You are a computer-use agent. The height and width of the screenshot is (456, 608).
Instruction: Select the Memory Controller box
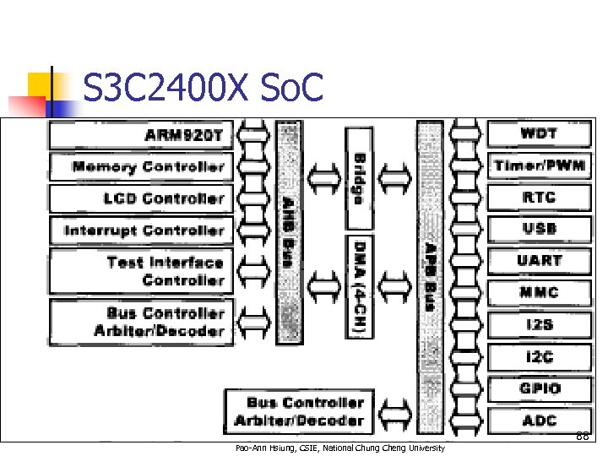(140, 166)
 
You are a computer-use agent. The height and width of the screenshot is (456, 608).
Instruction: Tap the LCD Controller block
(140, 198)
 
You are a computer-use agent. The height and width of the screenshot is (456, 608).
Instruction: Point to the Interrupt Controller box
(140, 230)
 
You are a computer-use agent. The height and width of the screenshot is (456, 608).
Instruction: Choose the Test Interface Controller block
(140, 271)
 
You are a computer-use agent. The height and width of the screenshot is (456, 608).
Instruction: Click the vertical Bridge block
(359, 178)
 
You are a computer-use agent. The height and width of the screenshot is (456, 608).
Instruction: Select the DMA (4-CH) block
(359, 286)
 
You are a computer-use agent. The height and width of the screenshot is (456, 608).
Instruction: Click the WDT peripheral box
(538, 133)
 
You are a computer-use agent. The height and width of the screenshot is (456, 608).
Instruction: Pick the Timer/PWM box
(538, 166)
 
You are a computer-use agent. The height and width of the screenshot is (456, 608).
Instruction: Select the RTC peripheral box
(538, 198)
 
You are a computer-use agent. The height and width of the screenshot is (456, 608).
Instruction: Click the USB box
(538, 229)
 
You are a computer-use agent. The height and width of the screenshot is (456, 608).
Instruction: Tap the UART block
(538, 261)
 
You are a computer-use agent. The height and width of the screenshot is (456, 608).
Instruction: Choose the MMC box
(538, 293)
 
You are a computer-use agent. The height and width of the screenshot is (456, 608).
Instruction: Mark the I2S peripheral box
(538, 325)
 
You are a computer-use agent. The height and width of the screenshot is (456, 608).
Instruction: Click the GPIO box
(538, 388)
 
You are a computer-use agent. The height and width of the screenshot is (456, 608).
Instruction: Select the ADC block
(538, 420)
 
